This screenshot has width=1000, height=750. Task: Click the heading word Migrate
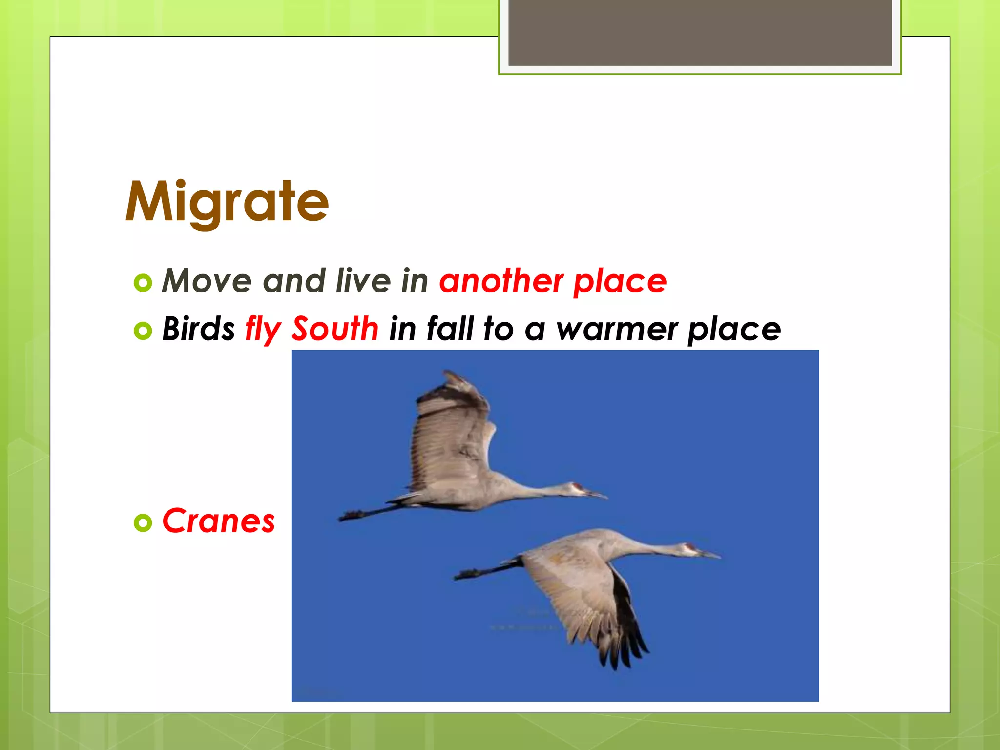pyautogui.click(x=227, y=202)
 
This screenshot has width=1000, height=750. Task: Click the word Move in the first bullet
pyautogui.click(x=207, y=281)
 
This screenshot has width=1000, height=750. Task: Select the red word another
pyautogui.click(x=501, y=281)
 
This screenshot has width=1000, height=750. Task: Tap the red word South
pyautogui.click(x=335, y=328)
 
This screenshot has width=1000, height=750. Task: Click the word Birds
pyautogui.click(x=198, y=328)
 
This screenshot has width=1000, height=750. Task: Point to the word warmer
pyautogui.click(x=617, y=329)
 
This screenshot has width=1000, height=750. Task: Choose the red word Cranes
pyautogui.click(x=218, y=521)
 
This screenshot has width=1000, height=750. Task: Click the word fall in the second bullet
pyautogui.click(x=450, y=328)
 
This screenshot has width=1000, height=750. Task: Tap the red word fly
pyautogui.click(x=263, y=329)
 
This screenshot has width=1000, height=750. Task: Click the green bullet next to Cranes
pyautogui.click(x=143, y=523)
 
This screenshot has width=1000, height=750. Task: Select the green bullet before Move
pyautogui.click(x=143, y=283)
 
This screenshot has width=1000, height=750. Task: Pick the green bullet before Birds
pyautogui.click(x=143, y=331)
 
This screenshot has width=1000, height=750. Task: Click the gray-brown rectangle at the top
pyautogui.click(x=700, y=32)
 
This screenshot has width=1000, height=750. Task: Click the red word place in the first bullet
pyautogui.click(x=620, y=282)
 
